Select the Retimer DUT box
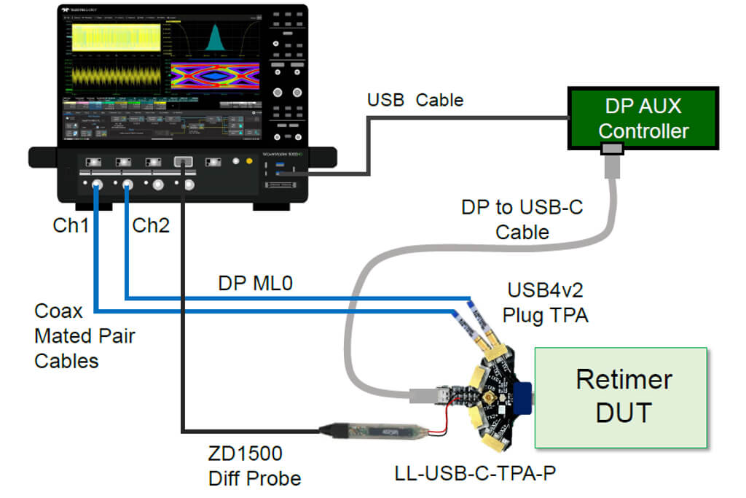[x=621, y=397]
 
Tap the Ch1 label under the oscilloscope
[x=71, y=226]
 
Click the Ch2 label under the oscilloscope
[x=150, y=226]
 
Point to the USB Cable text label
[x=415, y=100]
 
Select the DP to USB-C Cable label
[x=522, y=220]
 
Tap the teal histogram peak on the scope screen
[x=216, y=37]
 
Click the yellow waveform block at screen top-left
[x=114, y=37]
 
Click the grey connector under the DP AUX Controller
[x=610, y=149]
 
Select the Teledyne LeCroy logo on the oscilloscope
[x=80, y=12]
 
